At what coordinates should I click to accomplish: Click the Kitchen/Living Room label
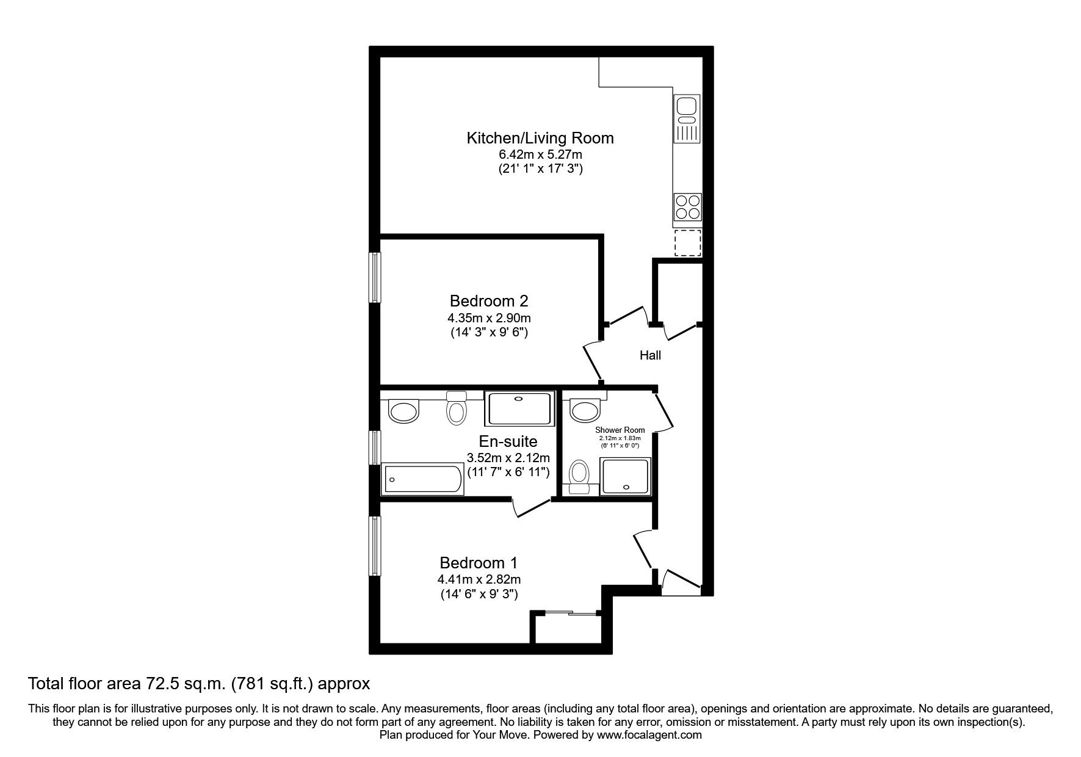(540, 138)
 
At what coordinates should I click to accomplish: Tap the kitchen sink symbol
(687, 118)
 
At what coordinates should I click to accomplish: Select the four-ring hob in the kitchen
(687, 206)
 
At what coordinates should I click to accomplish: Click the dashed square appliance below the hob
(687, 243)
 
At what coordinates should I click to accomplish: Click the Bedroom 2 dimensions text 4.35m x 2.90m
(488, 318)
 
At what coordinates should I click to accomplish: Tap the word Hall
(650, 355)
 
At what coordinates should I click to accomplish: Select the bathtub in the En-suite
(422, 480)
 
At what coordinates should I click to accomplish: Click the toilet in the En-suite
(455, 408)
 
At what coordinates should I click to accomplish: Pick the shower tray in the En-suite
(518, 408)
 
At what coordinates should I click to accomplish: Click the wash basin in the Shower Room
(585, 410)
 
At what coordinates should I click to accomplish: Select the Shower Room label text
(620, 430)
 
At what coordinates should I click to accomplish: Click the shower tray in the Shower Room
(625, 476)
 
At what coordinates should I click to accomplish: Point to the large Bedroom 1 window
(375, 545)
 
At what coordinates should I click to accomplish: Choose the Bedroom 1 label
(479, 562)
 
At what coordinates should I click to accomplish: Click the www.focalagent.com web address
(649, 735)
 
